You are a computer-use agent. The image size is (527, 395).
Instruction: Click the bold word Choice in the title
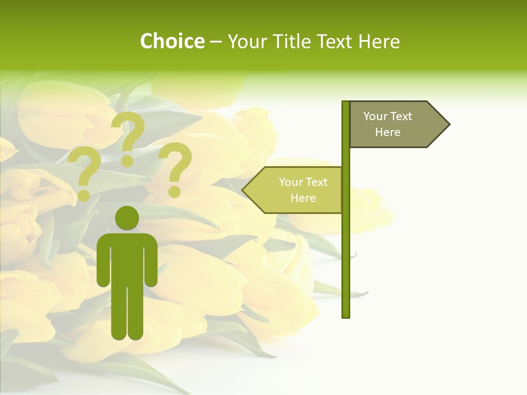[x=172, y=42]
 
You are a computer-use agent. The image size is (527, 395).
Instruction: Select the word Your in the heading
[x=247, y=42]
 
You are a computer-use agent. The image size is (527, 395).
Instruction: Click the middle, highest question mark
[x=128, y=137]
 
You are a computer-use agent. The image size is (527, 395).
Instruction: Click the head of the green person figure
[x=127, y=218]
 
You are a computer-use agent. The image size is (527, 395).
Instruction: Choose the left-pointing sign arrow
[x=293, y=190]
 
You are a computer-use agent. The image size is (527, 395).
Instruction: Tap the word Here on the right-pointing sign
[x=388, y=132]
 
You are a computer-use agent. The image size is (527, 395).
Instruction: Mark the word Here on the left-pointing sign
[x=303, y=198]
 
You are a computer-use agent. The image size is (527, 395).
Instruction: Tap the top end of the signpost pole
[x=346, y=103]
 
